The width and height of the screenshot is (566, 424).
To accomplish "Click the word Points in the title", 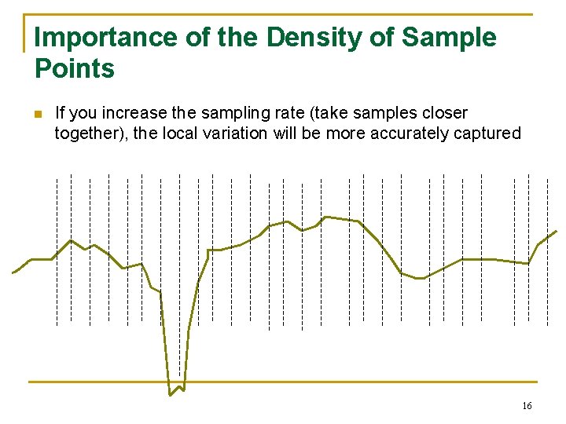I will [x=75, y=69].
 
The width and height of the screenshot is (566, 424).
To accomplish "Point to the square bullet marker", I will [x=37, y=115].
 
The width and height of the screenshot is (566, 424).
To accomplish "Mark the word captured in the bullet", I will [x=488, y=133].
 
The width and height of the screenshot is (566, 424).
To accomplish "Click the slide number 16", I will [x=527, y=406].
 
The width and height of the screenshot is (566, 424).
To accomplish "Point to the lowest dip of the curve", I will [x=171, y=394].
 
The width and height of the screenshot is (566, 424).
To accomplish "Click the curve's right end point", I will [x=557, y=231].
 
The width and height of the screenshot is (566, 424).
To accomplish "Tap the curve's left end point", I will [x=13, y=273].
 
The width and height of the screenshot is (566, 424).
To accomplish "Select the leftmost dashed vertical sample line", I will [x=57, y=251].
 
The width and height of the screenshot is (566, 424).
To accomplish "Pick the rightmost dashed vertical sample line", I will [x=548, y=251].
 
